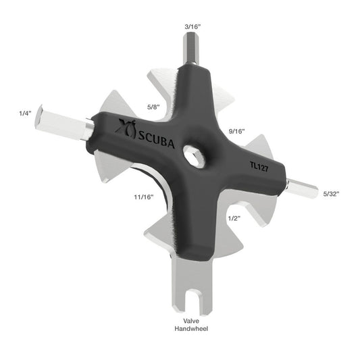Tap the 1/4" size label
point(26,113)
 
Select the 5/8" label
point(154,107)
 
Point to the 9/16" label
point(236,130)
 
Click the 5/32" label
point(331,194)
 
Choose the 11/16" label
point(143,197)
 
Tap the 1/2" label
point(234,217)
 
